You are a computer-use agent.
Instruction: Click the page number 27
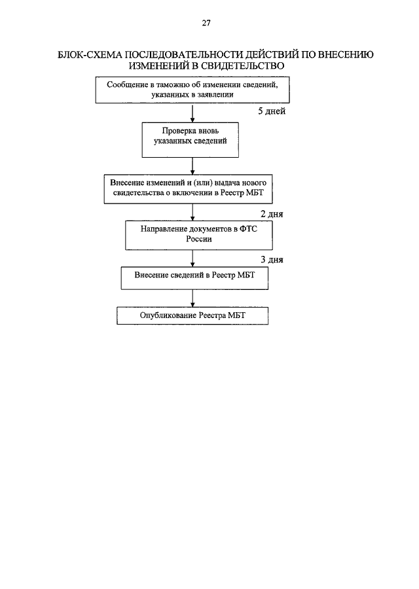coord(206,23)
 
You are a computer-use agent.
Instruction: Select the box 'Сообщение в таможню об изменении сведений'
coord(192,90)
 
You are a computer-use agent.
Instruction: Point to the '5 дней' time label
coord(271,111)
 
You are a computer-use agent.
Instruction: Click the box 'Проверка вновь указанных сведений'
coord(190,140)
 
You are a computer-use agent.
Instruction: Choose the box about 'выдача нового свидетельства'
coord(189,189)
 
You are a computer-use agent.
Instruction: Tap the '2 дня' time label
coord(272,214)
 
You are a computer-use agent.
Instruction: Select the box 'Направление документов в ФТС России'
coord(199,236)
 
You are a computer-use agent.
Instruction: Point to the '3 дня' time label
coord(272,260)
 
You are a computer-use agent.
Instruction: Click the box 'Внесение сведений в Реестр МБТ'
coord(194,278)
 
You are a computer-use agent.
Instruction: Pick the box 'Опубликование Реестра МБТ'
coord(192,316)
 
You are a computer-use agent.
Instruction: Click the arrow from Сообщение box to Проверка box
coord(192,113)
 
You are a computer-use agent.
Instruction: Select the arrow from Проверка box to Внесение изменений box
coord(192,166)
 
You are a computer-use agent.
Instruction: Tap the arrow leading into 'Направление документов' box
coord(192,212)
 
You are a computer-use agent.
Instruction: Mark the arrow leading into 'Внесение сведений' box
coord(192,259)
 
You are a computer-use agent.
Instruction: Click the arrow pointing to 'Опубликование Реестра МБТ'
coord(192,298)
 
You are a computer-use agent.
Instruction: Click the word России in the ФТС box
coord(199,240)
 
